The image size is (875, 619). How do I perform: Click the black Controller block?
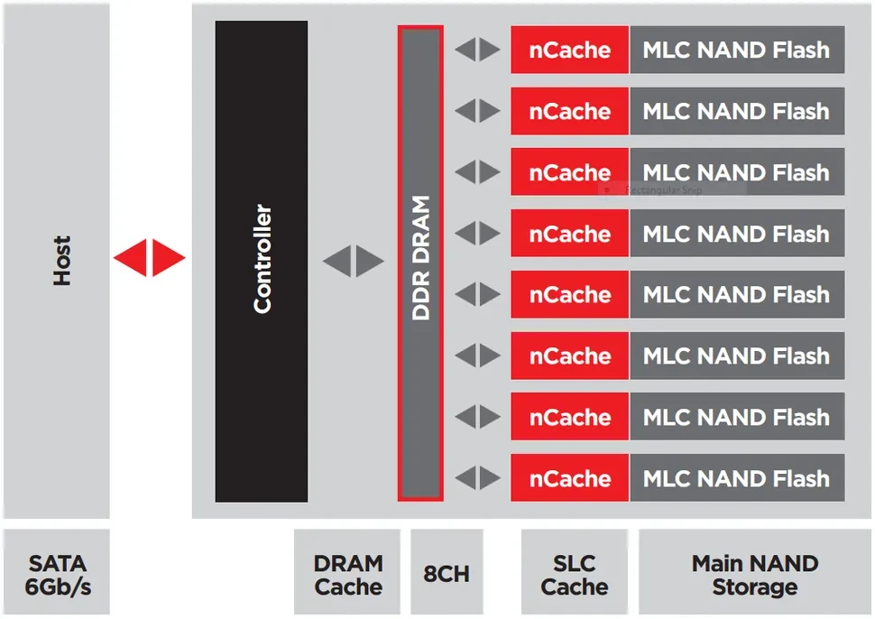(262, 261)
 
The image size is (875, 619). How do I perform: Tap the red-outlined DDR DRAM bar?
(420, 263)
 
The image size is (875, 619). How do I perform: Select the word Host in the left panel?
(62, 261)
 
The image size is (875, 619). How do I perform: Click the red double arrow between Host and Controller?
(149, 258)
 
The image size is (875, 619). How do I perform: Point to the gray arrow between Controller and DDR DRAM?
(354, 261)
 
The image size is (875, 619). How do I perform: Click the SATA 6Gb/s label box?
(56, 572)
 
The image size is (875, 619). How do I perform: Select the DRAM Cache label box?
(347, 572)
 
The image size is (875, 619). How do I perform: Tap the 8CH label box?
(447, 572)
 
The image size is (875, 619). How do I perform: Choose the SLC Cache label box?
(575, 572)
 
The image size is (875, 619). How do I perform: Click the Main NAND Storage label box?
(755, 572)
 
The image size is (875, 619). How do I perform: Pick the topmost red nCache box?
(570, 50)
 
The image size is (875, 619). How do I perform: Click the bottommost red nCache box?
(570, 478)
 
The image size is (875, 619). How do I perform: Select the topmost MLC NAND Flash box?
(737, 50)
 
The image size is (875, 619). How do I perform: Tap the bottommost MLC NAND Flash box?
(737, 478)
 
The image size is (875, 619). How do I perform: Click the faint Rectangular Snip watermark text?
(663, 190)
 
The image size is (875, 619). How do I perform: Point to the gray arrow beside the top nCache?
(477, 50)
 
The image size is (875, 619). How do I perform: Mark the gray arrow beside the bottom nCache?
(477, 478)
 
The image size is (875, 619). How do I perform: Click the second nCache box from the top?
(570, 111)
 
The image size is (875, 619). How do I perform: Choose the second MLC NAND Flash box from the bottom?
(737, 416)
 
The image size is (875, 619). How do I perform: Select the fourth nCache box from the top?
(570, 234)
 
